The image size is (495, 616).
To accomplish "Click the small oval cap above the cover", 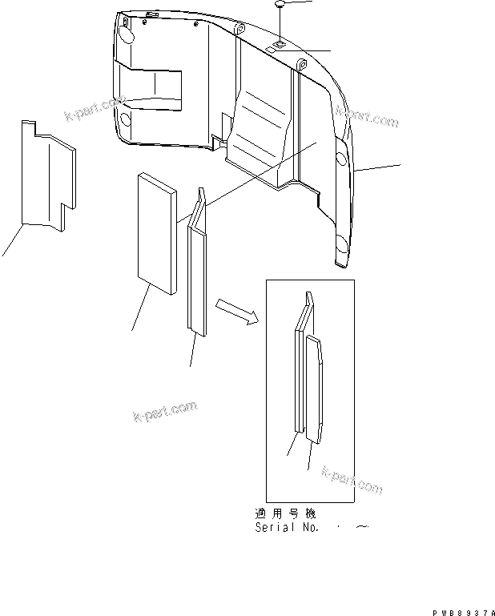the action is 281,6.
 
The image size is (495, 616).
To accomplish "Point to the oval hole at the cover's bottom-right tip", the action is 340,244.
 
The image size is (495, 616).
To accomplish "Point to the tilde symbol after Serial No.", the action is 361,527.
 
